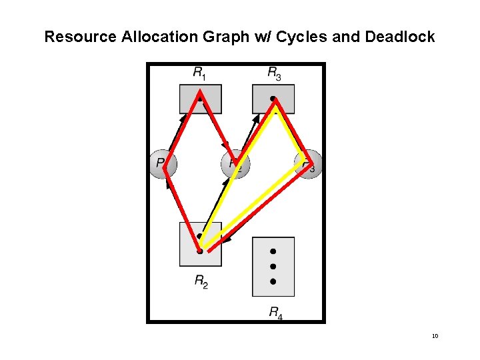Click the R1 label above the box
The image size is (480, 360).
pos(199,73)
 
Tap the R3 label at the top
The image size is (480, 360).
pos(274,73)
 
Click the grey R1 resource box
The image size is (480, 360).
pos(200,99)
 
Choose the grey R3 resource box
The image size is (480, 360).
pos(273,99)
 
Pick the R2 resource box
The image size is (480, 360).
pos(200,244)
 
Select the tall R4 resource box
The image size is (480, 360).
pos(273,267)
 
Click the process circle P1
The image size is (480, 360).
pos(162,164)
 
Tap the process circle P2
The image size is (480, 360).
pos(235,164)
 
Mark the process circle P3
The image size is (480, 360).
pos(309,163)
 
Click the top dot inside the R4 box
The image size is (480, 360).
pos(273,251)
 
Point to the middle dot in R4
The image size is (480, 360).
pos(273,267)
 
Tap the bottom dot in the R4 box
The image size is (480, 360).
pos(273,282)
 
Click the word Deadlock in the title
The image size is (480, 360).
pos(400,37)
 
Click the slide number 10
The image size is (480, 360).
pos(435,336)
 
